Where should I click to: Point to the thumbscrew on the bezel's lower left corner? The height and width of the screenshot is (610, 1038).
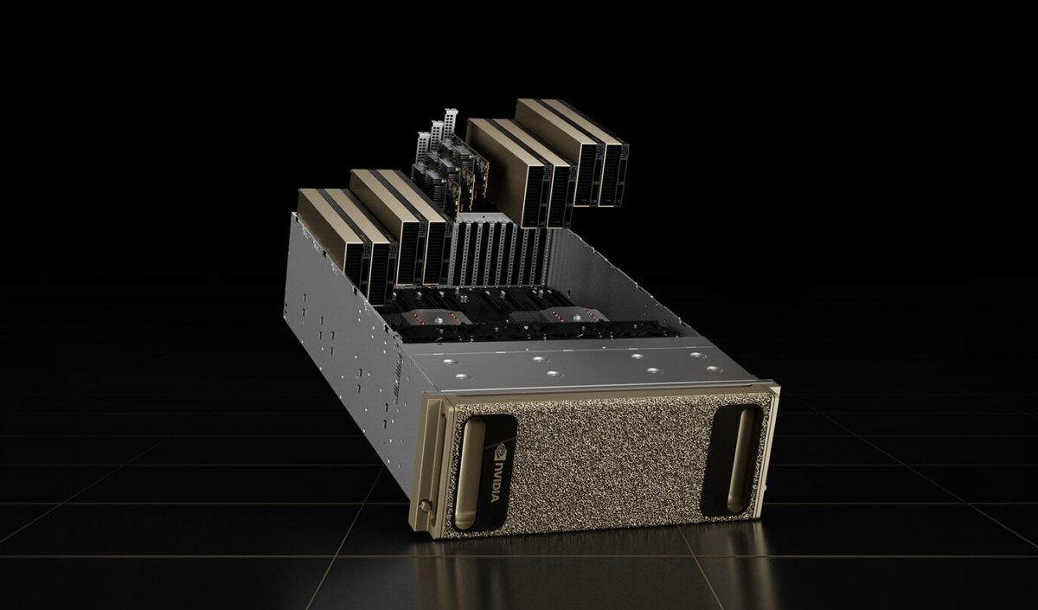click(x=423, y=504)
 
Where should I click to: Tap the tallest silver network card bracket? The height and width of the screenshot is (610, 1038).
click(x=449, y=122)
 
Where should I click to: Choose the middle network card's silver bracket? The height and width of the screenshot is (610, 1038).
click(x=436, y=134)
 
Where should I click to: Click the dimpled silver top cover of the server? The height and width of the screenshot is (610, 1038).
click(x=580, y=364)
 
